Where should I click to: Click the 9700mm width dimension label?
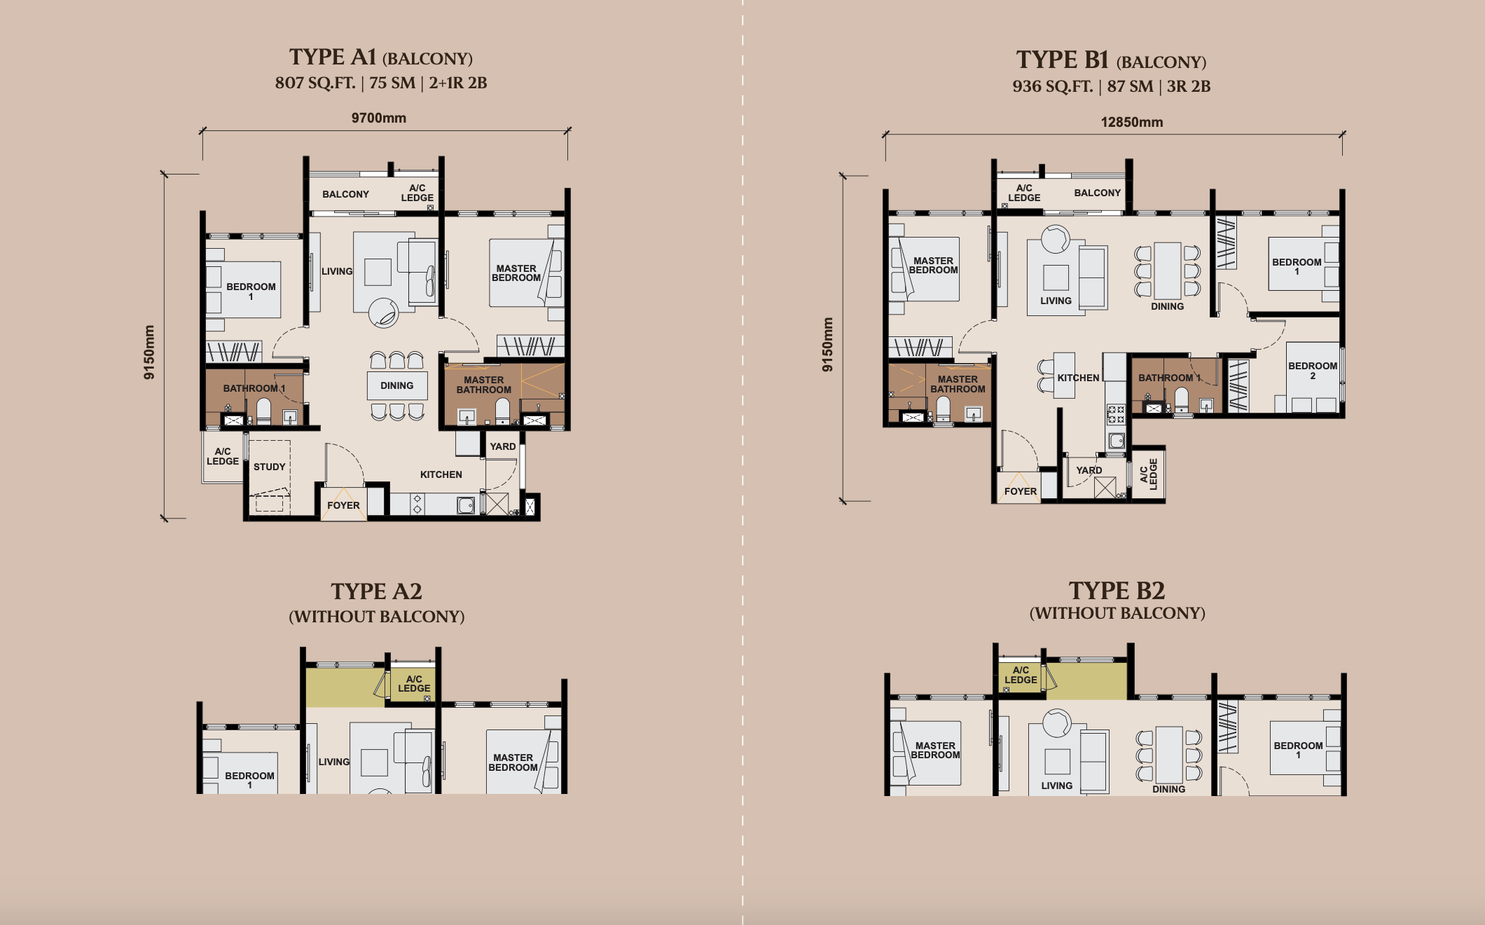[379, 118]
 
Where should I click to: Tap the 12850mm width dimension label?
[1132, 122]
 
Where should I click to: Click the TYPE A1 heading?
[333, 57]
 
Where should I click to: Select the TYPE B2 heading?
[1117, 591]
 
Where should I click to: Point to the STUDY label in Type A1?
[270, 467]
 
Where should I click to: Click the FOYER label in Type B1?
[1021, 491]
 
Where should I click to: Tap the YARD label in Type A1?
[503, 446]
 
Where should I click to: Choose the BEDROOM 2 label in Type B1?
[1313, 371]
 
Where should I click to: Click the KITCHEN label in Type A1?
[441, 474]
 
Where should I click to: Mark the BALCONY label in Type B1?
[1098, 193]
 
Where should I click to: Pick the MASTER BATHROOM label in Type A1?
[484, 385]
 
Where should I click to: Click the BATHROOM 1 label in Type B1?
[1170, 378]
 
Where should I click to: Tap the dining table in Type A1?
[397, 385]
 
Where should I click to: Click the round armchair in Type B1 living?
[1056, 239]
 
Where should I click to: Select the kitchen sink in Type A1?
[466, 505]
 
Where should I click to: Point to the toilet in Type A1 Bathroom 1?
[263, 411]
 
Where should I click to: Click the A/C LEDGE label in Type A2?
[415, 683]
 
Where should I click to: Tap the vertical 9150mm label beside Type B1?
[828, 345]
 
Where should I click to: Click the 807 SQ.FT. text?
[316, 83]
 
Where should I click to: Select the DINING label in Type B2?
[1169, 789]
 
